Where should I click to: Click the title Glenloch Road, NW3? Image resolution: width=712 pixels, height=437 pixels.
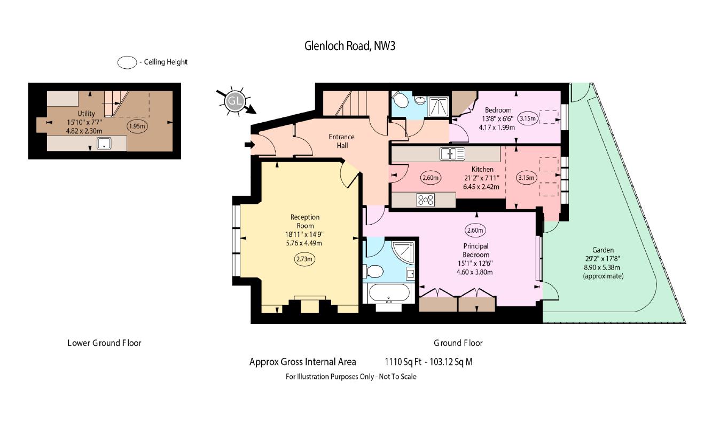tap(350, 46)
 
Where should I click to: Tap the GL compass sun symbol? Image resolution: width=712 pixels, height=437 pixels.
tap(235, 101)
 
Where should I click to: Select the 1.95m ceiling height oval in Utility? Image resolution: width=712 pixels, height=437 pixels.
tap(137, 126)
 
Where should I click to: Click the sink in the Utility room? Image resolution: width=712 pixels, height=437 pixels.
tap(104, 143)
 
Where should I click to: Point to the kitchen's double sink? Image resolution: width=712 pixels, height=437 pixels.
tap(452, 154)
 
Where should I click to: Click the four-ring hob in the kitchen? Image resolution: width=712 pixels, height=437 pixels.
tap(426, 200)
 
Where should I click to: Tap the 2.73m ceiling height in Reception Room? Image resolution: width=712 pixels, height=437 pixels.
tap(304, 259)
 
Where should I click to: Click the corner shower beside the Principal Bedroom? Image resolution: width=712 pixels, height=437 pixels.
tap(403, 253)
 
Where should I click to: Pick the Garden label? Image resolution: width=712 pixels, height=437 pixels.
tap(603, 250)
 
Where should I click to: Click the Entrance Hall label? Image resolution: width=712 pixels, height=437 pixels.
tap(342, 141)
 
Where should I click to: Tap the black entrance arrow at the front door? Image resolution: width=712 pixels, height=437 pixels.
tap(250, 145)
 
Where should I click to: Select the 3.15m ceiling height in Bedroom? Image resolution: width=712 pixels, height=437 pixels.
tap(527, 118)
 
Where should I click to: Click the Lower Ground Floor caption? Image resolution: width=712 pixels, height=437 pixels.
tap(104, 343)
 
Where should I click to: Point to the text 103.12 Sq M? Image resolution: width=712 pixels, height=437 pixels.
tap(451, 362)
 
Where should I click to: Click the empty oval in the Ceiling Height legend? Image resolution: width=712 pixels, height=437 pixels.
tap(127, 62)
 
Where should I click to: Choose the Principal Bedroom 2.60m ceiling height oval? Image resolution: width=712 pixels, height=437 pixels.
tap(475, 231)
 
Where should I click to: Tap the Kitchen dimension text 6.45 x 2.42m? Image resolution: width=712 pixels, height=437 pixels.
tap(481, 187)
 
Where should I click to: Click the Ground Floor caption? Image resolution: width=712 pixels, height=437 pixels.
tap(458, 343)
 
